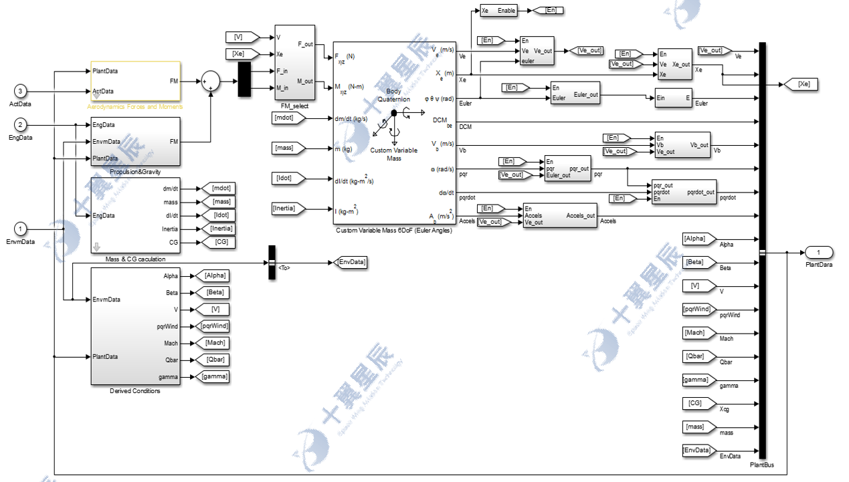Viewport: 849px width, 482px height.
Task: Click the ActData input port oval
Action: pyautogui.click(x=20, y=91)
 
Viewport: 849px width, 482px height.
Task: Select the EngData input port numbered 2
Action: pyautogui.click(x=20, y=125)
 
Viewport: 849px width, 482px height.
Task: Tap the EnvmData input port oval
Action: pyautogui.click(x=20, y=229)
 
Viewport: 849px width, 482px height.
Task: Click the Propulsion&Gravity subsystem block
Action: pyautogui.click(x=135, y=141)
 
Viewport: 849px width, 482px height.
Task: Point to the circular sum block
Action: pyautogui.click(x=211, y=81)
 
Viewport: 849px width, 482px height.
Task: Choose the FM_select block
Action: pyautogui.click(x=294, y=62)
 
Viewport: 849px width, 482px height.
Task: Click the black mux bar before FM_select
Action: pyautogui.click(x=244, y=78)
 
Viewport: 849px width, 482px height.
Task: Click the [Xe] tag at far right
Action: pyautogui.click(x=804, y=84)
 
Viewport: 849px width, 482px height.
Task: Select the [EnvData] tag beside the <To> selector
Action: pyautogui.click(x=350, y=262)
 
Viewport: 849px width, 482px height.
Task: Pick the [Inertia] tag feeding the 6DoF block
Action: pyautogui.click(x=288, y=209)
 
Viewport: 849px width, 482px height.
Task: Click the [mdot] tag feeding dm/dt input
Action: pyautogui.click(x=288, y=118)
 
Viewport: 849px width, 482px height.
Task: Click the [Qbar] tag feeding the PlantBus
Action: pyautogui.click(x=696, y=356)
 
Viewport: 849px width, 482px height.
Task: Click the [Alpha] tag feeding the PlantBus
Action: pyautogui.click(x=697, y=239)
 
